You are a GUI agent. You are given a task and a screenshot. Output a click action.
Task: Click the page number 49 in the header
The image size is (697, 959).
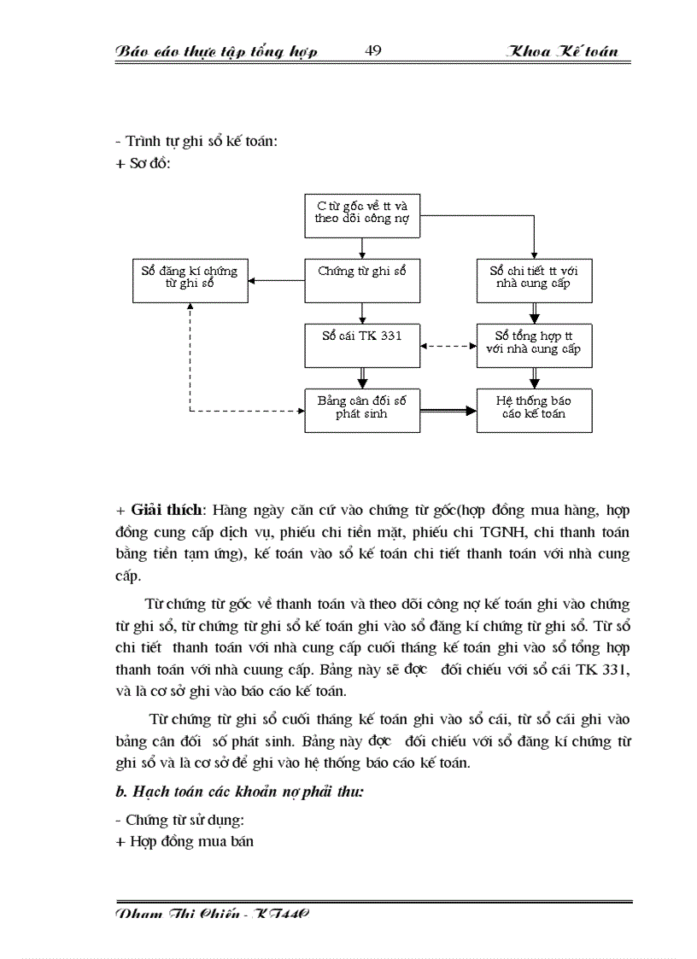372,51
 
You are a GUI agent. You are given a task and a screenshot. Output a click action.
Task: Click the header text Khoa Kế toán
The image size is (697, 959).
562,52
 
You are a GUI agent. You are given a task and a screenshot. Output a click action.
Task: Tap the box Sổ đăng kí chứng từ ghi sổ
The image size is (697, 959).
190,280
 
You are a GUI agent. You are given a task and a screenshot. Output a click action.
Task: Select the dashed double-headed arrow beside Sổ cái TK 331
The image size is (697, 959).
448,346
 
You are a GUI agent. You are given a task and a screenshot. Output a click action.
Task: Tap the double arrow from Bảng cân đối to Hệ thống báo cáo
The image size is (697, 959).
448,411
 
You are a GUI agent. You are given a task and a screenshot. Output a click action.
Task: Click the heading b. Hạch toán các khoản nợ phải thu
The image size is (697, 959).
240,792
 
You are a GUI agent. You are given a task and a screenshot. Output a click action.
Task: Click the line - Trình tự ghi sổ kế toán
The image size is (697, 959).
196,142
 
